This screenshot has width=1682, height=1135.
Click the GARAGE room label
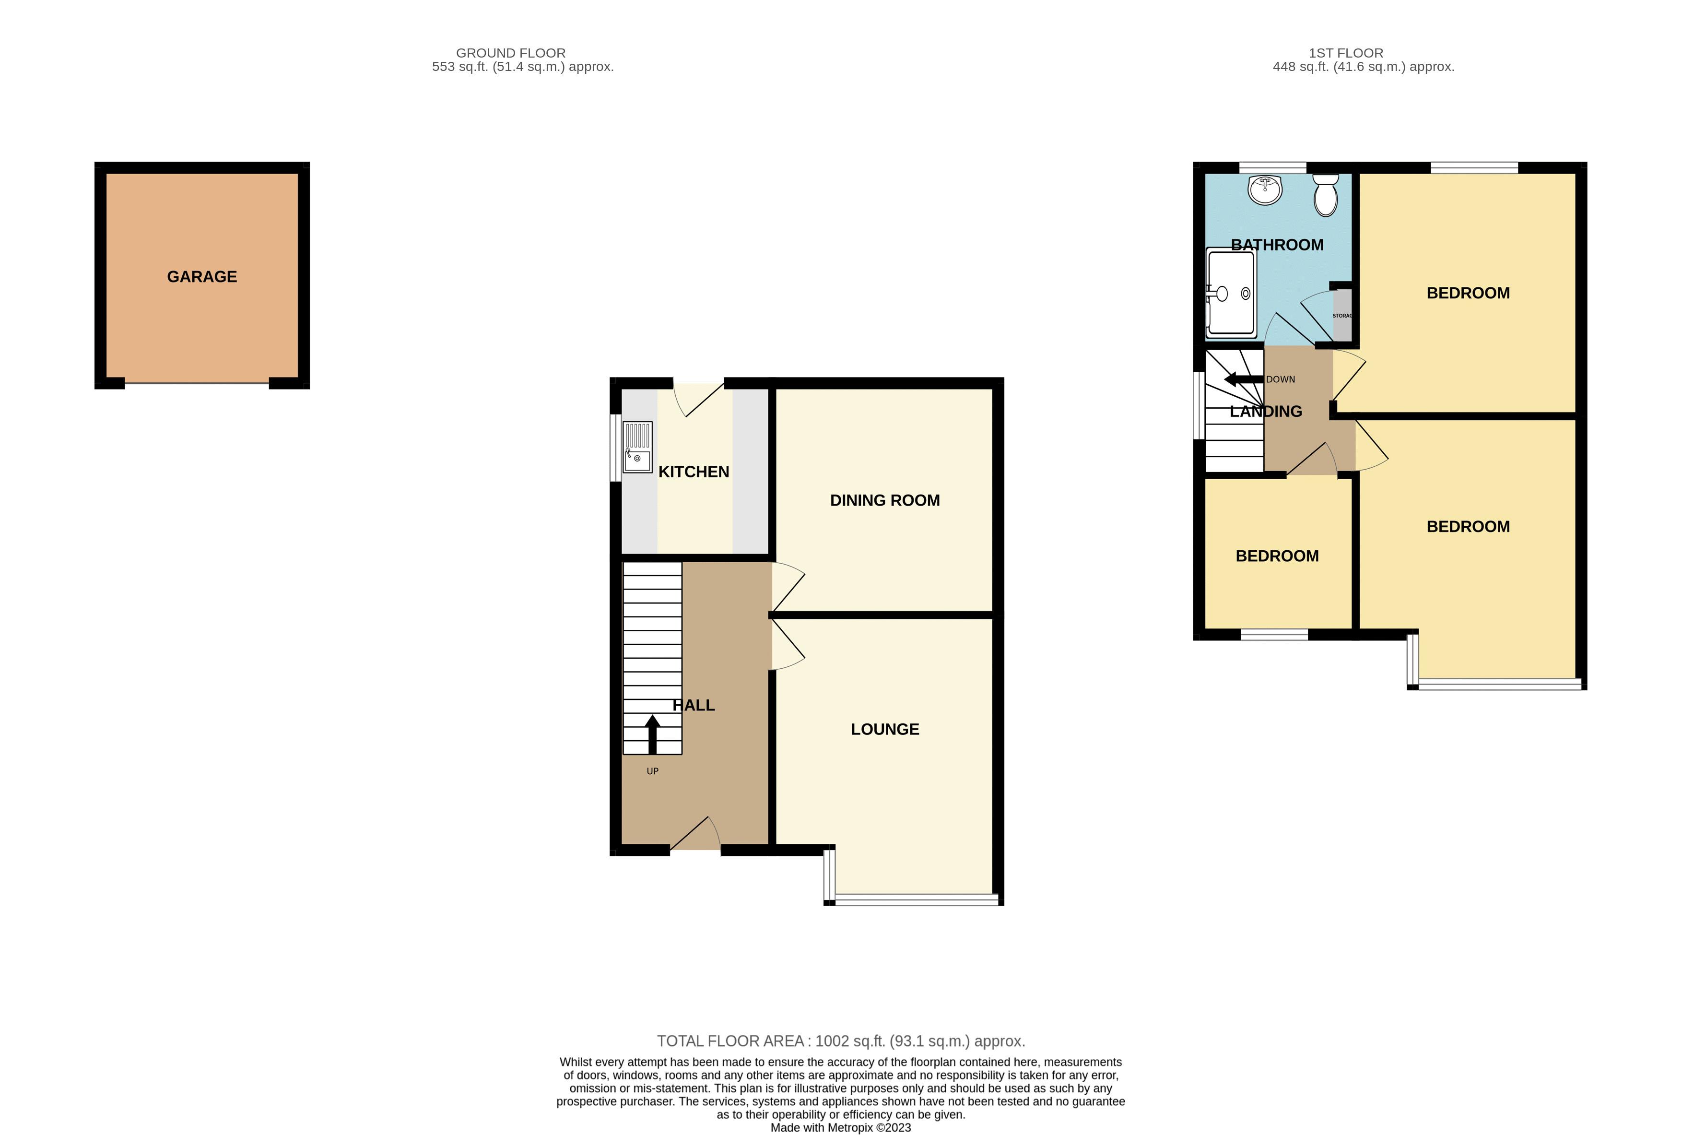coord(202,276)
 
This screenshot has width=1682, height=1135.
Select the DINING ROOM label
coord(884,500)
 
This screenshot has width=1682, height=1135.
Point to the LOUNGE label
coord(884,729)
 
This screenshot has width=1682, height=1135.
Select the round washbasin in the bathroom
coord(1265,189)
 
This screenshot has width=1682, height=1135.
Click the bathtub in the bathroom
coord(1230,293)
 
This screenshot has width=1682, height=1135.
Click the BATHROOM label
coord(1277,245)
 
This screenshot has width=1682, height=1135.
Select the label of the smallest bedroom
coord(1277,556)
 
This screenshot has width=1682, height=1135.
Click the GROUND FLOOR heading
coord(510,53)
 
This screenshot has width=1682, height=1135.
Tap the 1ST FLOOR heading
coord(1345,53)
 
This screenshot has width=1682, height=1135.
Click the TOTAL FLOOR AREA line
coord(840,1041)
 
